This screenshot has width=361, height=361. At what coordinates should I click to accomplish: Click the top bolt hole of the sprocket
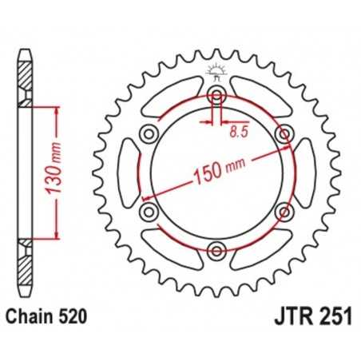pyautogui.click(x=216, y=96)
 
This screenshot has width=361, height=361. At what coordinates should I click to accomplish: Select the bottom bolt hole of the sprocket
pyautogui.click(x=216, y=251)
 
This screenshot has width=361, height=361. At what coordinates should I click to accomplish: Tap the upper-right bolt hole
pyautogui.click(x=283, y=134)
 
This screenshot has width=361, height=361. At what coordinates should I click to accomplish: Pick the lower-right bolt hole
pyautogui.click(x=283, y=212)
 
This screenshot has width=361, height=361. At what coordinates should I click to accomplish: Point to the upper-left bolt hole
pyautogui.click(x=149, y=134)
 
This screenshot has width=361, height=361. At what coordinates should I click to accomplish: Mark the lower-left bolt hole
pyautogui.click(x=149, y=212)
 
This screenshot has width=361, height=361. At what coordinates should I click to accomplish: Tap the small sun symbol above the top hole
pyautogui.click(x=216, y=72)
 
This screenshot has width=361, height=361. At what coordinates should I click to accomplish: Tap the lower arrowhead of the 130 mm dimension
pyautogui.click(x=56, y=236)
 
